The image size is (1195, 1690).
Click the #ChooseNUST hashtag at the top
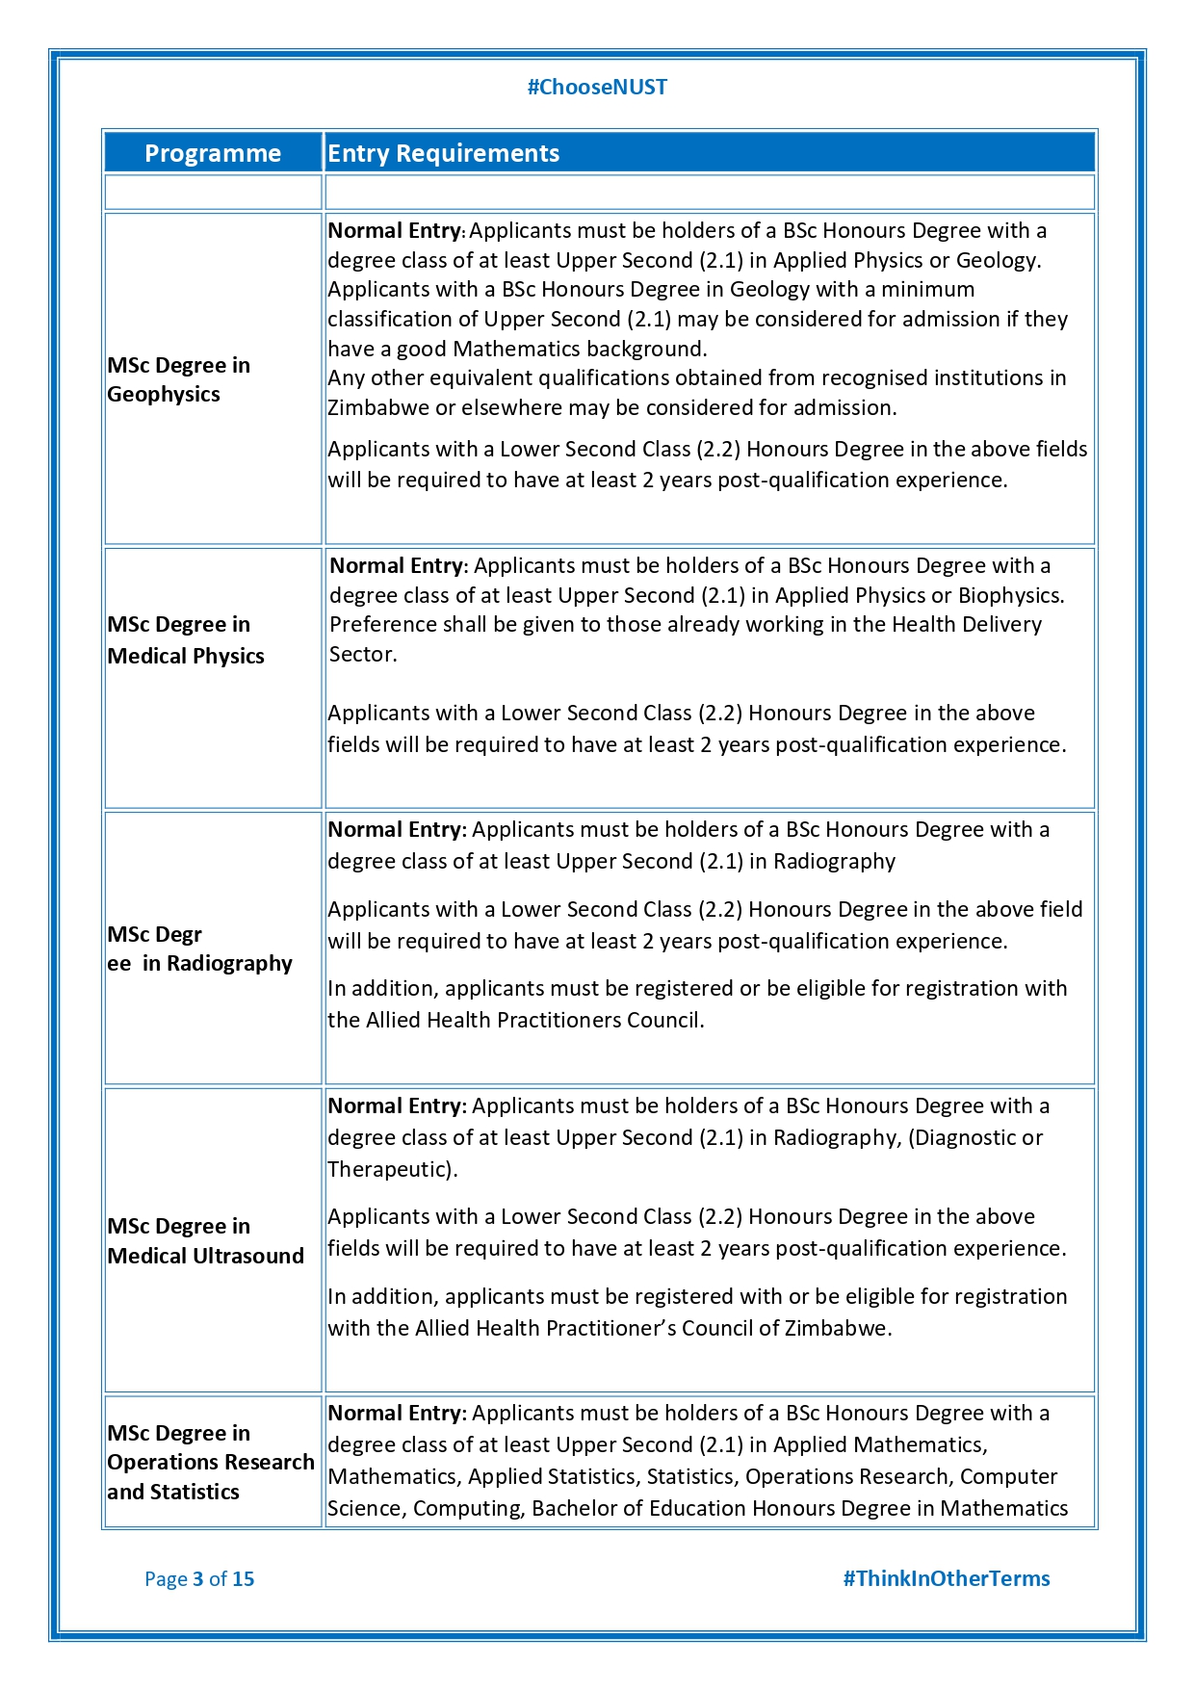click(x=597, y=88)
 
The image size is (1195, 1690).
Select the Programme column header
click(x=213, y=153)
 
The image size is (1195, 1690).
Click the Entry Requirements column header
click(x=443, y=153)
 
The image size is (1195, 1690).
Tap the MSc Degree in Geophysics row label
click(x=178, y=379)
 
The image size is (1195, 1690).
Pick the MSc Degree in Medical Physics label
click(x=185, y=640)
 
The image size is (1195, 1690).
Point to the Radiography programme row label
click(x=199, y=949)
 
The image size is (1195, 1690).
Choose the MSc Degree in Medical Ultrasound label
click(x=205, y=1240)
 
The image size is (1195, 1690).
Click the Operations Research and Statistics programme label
click(x=210, y=1462)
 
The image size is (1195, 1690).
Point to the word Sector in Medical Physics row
click(x=361, y=655)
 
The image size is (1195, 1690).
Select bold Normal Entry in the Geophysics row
click(x=395, y=231)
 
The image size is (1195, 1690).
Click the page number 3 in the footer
click(x=198, y=1579)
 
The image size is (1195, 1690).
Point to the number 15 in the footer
click(x=244, y=1579)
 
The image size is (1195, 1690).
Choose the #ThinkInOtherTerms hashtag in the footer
click(x=946, y=1579)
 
